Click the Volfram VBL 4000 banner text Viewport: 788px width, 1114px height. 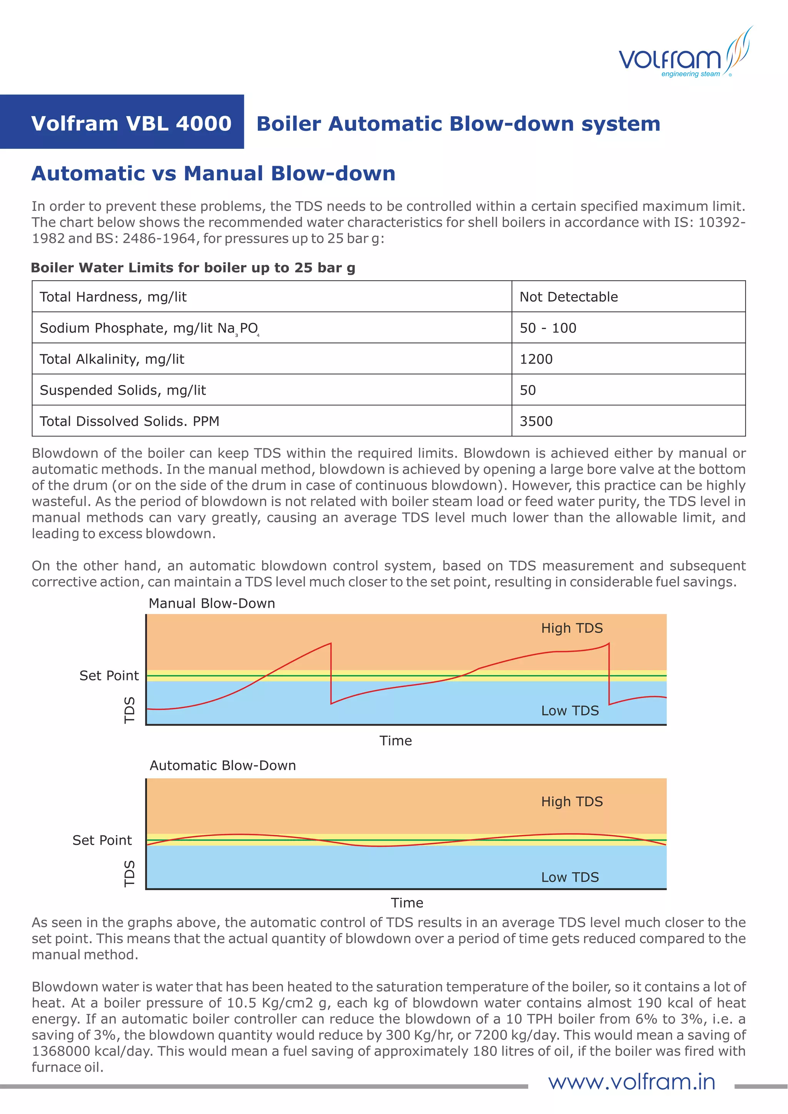(x=131, y=123)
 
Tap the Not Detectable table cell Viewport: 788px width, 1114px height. (x=569, y=297)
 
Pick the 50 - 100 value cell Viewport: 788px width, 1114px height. (x=548, y=328)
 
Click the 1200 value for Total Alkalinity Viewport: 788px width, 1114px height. (x=536, y=359)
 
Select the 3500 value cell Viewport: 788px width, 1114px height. (x=536, y=421)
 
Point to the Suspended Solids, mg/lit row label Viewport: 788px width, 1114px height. (x=123, y=390)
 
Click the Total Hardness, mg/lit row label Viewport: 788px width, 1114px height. (x=113, y=297)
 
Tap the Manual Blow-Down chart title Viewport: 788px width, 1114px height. (x=212, y=603)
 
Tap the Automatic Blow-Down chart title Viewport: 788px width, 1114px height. (x=223, y=765)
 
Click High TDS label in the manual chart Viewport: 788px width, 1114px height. (x=572, y=628)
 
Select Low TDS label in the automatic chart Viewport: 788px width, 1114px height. (x=570, y=877)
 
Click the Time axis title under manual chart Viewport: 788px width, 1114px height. (x=396, y=740)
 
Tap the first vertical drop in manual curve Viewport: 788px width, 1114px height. (x=331, y=674)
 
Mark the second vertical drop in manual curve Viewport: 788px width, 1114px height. (x=609, y=674)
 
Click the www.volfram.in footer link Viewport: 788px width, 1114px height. (x=631, y=1082)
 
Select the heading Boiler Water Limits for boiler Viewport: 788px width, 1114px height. (x=193, y=268)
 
